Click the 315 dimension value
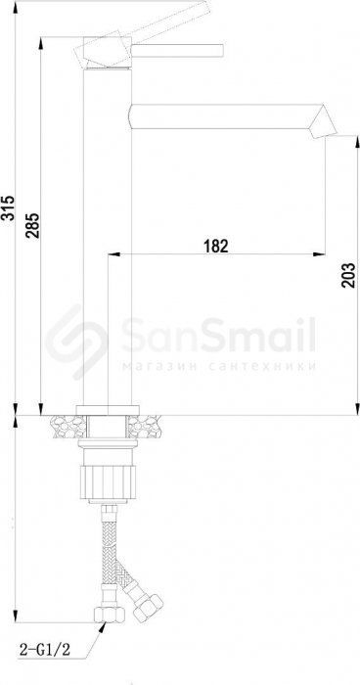[8, 207]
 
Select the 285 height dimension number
[32, 225]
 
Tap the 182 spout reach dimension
[216, 246]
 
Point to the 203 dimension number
[348, 275]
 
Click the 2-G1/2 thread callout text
[45, 650]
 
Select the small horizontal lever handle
[177, 51]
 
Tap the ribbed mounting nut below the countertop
[109, 482]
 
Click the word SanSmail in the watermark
[218, 336]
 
